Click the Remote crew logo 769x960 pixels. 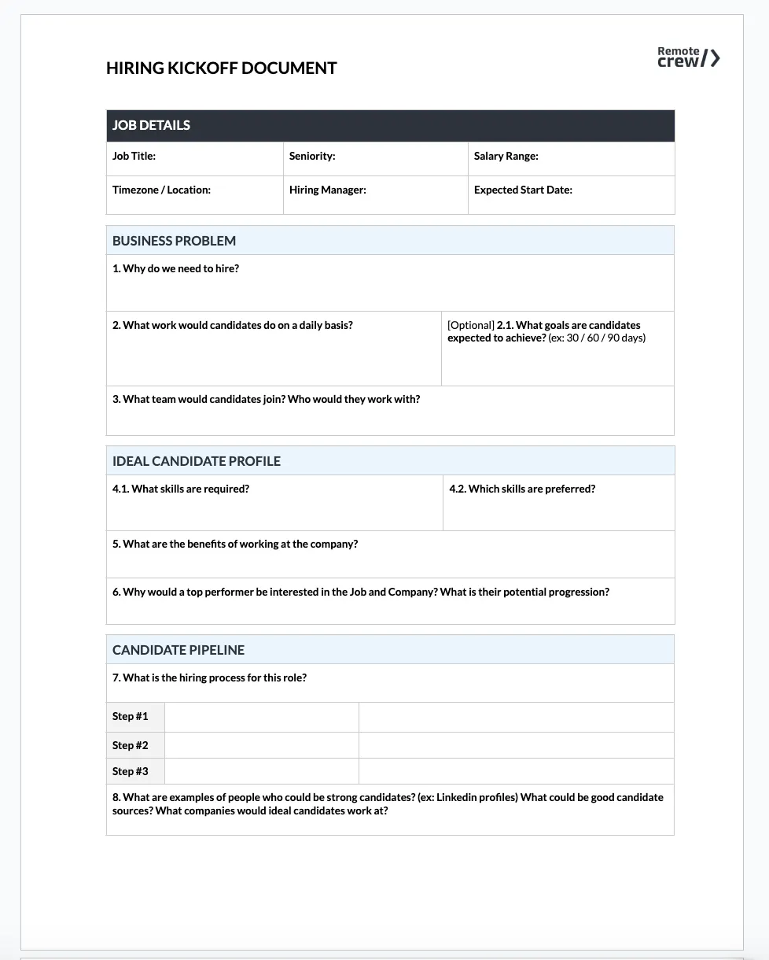688,57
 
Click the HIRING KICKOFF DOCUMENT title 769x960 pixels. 221,68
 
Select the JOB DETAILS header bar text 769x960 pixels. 151,125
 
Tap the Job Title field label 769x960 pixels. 134,156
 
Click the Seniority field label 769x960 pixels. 311,156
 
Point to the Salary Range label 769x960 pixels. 506,156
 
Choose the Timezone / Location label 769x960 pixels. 161,190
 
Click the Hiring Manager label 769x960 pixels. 327,190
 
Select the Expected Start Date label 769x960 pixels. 523,190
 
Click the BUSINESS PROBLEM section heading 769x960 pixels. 174,241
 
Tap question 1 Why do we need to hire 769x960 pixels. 175,268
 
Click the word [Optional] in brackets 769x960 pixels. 470,325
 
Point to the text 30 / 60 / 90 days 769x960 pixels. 605,338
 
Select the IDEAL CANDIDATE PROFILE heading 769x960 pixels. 196,461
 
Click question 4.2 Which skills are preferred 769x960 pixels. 522,489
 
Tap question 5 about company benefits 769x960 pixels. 235,544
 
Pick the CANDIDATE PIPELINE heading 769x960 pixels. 178,650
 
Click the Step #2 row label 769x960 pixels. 130,745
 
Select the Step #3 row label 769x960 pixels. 130,771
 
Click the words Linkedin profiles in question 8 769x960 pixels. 476,797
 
